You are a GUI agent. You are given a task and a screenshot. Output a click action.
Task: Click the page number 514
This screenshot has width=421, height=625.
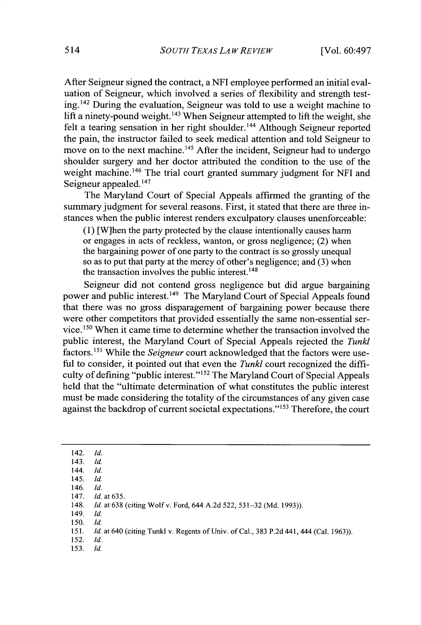tap(72, 51)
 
